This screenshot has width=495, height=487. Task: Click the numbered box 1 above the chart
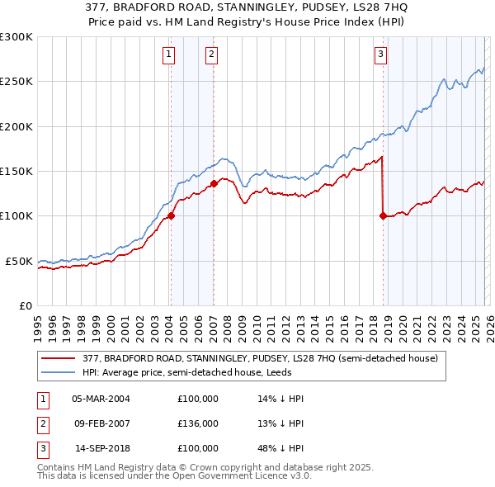[x=168, y=55]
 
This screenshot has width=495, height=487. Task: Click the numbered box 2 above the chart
[x=211, y=55]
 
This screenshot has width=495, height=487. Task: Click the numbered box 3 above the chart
[x=380, y=55]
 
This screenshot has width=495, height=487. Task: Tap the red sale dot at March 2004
[x=172, y=216]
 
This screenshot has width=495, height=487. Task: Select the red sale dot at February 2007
[x=214, y=184]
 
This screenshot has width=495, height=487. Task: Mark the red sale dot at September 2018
[x=383, y=216]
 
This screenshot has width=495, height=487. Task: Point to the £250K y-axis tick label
[x=16, y=82]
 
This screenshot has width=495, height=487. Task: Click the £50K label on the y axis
[x=19, y=261]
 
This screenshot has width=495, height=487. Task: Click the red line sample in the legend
[x=59, y=358]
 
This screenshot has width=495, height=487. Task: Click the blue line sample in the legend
[x=59, y=372]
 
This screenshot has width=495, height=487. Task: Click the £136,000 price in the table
[x=198, y=423]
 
